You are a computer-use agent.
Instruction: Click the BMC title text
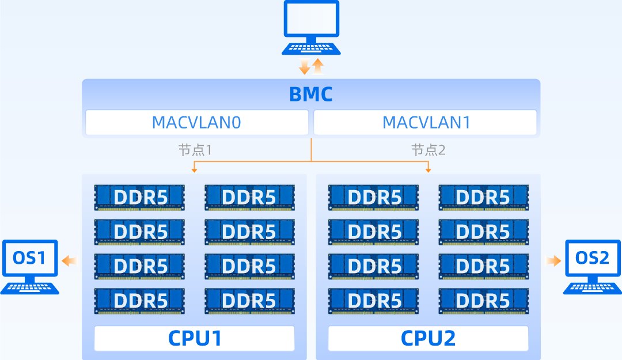pos(310,94)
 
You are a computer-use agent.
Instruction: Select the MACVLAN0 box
pos(197,123)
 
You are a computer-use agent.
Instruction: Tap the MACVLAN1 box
pos(424,123)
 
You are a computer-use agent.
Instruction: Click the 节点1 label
pos(195,151)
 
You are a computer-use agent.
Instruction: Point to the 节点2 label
pos(428,151)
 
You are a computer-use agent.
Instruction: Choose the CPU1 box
pos(194,338)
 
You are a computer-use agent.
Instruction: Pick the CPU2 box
pos(428,338)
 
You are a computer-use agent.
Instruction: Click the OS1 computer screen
pos(29,258)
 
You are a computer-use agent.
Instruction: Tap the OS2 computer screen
pos(593,258)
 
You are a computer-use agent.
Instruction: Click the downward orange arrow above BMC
pos(305,67)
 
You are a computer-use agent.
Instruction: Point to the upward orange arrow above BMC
pos(318,66)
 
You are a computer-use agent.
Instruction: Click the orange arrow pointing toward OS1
pos(69,262)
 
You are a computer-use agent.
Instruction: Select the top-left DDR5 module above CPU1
pos(139,198)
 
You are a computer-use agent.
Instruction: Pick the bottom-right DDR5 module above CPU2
pos(483,301)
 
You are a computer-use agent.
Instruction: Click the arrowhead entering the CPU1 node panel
pos(194,170)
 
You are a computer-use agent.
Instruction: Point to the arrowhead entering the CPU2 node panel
pos(428,170)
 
